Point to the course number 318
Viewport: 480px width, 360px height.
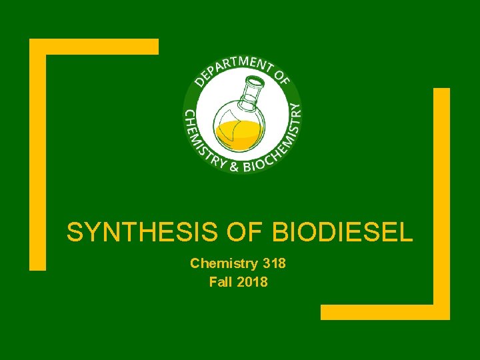273,263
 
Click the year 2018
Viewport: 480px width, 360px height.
253,282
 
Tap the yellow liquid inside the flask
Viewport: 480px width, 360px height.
238,133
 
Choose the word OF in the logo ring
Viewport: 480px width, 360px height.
282,78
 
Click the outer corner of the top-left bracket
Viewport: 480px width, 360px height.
33,43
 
